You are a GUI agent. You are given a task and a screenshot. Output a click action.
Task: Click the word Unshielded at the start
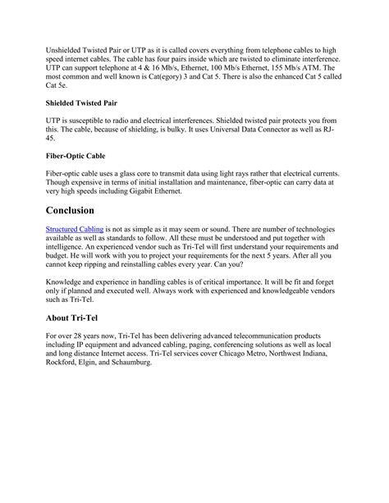point(67,51)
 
